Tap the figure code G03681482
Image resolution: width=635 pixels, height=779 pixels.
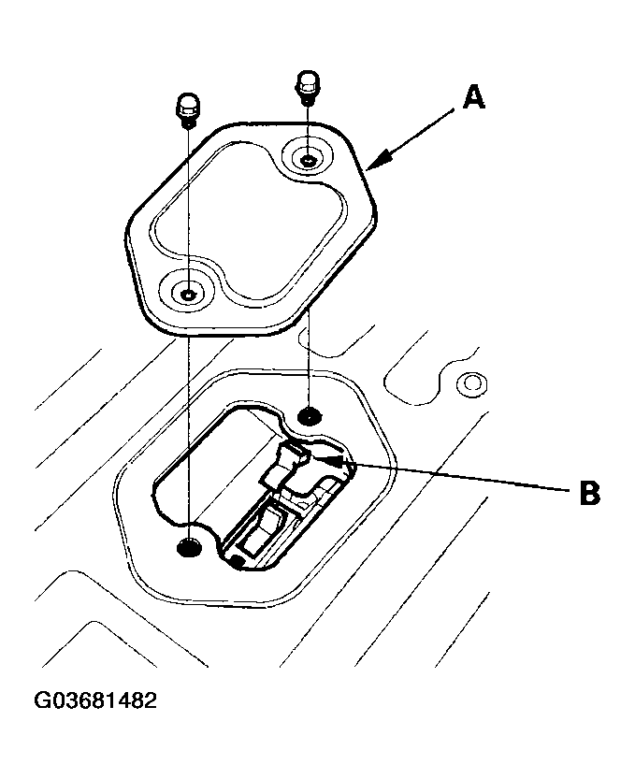[x=94, y=700]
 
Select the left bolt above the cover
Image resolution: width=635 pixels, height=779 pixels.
[x=187, y=111]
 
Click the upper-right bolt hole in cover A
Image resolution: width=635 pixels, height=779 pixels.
[x=308, y=158]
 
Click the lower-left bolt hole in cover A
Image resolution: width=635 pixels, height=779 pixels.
[x=188, y=295]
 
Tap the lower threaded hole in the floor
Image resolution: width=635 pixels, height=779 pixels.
[x=188, y=547]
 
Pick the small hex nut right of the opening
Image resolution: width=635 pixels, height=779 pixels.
[x=470, y=383]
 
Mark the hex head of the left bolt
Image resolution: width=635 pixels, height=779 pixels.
[x=187, y=104]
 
